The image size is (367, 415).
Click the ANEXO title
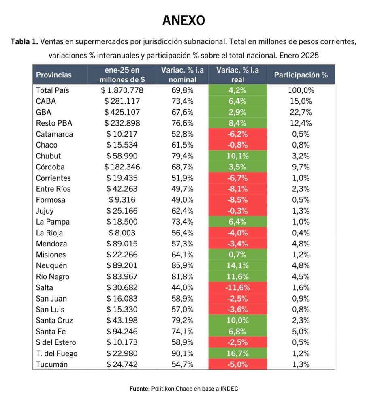(x=183, y=20)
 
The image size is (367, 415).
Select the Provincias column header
(x=54, y=75)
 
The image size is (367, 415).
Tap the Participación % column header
(x=301, y=75)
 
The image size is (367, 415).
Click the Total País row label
(x=52, y=90)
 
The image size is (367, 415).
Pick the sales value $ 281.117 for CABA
(x=122, y=101)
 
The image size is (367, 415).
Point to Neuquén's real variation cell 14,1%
(x=238, y=265)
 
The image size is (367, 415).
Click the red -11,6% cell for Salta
(x=238, y=287)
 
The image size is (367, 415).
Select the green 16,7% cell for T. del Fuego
(x=238, y=353)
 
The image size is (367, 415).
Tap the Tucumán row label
(x=52, y=364)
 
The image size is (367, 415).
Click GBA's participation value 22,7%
(x=301, y=112)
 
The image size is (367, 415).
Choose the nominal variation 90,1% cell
(x=182, y=353)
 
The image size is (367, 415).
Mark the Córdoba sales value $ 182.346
(x=122, y=167)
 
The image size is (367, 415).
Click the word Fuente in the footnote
(x=139, y=389)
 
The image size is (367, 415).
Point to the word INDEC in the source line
(x=229, y=389)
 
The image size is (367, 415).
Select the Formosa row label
(x=51, y=200)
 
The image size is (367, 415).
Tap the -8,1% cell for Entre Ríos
(x=238, y=189)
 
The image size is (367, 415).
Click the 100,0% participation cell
(x=301, y=90)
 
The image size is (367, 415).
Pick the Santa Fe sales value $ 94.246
(x=122, y=332)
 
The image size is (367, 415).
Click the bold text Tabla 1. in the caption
(x=24, y=42)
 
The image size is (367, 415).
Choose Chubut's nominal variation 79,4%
(x=182, y=156)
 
